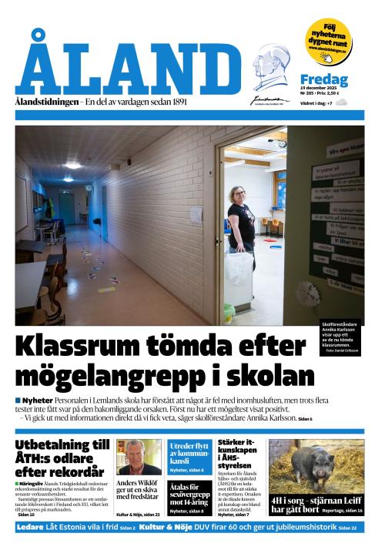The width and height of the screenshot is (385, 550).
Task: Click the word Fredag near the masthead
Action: [317, 79]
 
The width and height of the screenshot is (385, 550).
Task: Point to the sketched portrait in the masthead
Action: [271, 69]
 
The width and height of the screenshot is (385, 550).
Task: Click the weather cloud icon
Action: [341, 102]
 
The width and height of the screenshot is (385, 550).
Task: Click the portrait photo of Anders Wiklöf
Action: [139, 457]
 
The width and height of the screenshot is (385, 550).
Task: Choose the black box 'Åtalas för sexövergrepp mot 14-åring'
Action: [189, 493]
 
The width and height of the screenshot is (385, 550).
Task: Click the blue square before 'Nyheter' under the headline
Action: [18, 401]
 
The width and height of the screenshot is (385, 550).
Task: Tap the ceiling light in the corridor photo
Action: [73, 164]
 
